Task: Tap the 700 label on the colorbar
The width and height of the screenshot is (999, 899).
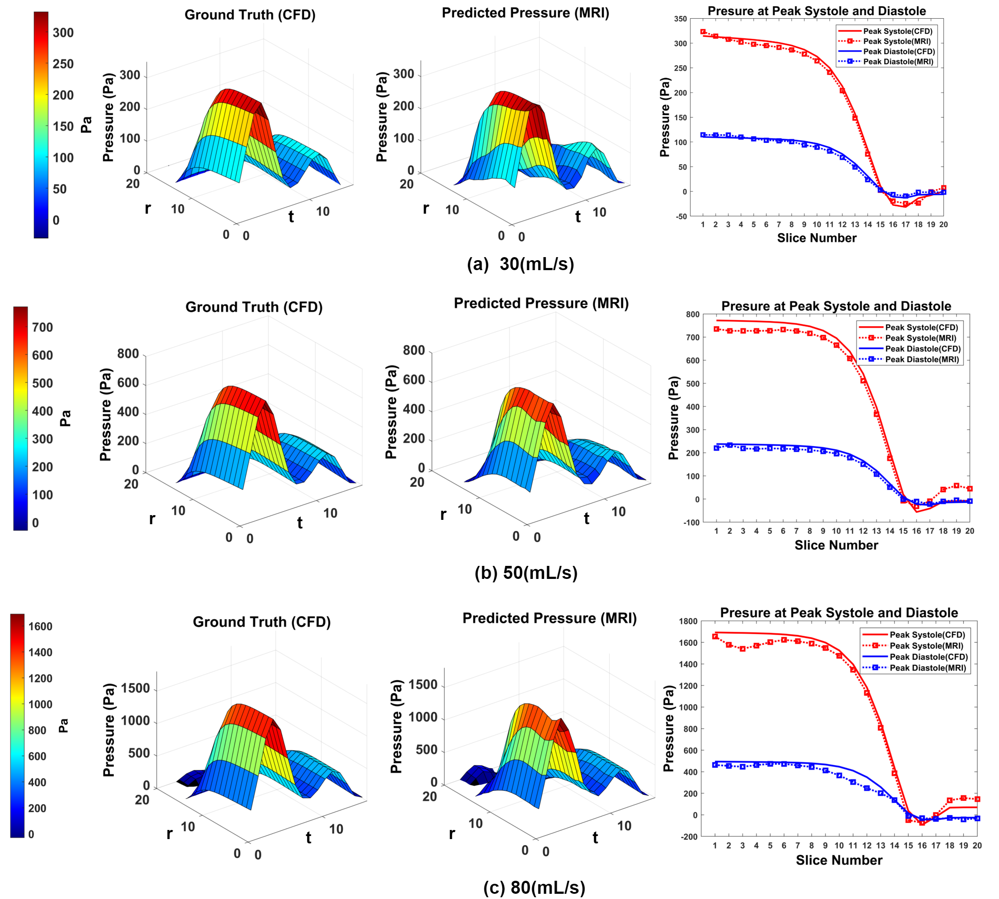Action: coord(43,327)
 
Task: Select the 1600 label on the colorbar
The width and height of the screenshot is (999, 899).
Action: coord(40,626)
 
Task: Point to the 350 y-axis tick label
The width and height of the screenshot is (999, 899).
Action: coord(680,19)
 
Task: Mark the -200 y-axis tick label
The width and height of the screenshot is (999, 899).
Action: coord(689,837)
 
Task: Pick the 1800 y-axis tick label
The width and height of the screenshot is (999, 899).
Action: coord(688,621)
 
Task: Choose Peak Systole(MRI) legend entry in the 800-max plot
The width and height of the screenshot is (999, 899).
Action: coord(920,338)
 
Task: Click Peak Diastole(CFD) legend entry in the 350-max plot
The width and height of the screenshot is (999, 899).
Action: coord(899,51)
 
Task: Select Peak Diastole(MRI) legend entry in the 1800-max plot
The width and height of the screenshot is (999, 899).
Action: coord(927,668)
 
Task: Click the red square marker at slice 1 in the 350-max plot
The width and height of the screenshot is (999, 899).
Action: coord(703,32)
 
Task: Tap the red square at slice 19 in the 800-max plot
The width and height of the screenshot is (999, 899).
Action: coord(956,486)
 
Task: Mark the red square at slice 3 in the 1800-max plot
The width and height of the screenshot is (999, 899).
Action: coord(743,648)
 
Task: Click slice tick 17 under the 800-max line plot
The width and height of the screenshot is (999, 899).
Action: coord(930,531)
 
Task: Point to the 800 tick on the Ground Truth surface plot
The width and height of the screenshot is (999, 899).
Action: coord(128,354)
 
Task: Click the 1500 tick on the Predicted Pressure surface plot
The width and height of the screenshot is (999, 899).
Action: coord(423,684)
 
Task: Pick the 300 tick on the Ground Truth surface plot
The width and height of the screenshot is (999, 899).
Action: coord(130,75)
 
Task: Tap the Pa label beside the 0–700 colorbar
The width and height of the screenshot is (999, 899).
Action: coord(65,418)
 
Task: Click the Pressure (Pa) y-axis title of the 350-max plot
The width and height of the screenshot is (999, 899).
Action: coord(665,118)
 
